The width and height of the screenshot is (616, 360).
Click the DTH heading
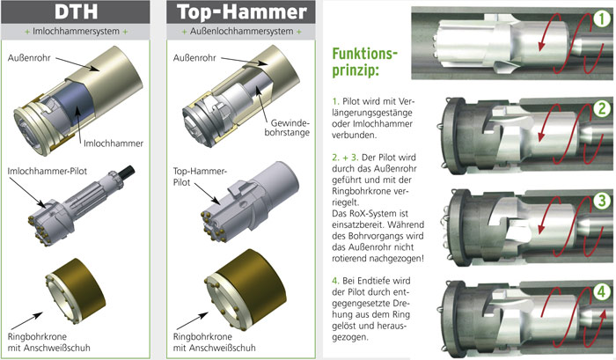coord(76,11)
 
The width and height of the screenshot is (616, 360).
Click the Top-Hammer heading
coord(241,11)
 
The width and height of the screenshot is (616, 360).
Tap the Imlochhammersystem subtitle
coord(76,32)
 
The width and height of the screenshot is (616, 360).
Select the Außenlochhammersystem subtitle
coord(242,32)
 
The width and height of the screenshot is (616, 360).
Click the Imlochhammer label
coord(114,143)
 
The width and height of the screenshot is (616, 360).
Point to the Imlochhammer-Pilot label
coord(48,172)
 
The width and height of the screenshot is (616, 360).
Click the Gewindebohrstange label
coord(287,128)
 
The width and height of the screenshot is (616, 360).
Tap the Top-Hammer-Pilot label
coord(199,177)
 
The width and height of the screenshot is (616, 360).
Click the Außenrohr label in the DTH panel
coord(29,58)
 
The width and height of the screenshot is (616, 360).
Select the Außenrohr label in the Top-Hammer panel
coord(194,58)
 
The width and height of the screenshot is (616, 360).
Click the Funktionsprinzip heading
coord(364,62)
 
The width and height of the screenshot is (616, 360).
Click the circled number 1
coord(602,18)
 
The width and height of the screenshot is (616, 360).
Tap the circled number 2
coord(602,108)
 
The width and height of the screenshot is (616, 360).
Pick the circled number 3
coord(602,201)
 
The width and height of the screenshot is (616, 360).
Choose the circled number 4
coord(601,291)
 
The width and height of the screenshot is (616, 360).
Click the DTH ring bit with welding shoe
coord(75,290)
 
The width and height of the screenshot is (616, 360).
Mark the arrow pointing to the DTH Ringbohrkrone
coord(26,321)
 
